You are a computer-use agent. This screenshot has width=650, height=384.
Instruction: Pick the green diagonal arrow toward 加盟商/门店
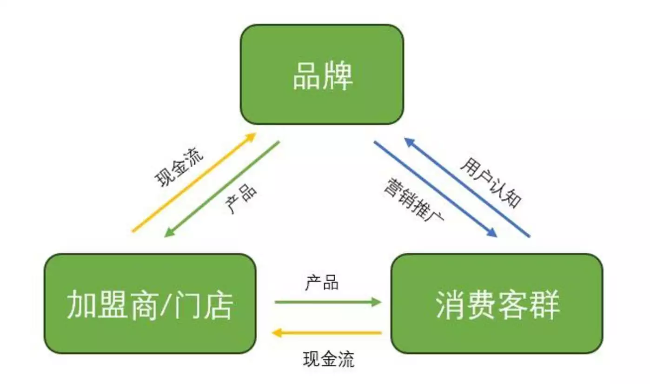tap(222, 189)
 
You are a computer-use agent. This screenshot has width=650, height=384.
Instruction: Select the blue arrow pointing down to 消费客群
tap(435, 189)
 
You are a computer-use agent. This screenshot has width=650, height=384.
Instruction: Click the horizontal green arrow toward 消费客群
tap(327, 302)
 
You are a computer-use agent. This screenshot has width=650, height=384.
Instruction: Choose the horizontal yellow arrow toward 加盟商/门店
tap(327, 333)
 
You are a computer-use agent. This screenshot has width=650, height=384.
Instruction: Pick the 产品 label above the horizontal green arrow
tap(322, 283)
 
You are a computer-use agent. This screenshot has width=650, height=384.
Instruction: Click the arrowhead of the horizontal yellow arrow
tap(276, 333)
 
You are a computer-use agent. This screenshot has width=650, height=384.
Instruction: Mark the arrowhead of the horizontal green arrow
tap(377, 302)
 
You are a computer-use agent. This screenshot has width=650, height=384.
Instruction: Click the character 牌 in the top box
tap(338, 76)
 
